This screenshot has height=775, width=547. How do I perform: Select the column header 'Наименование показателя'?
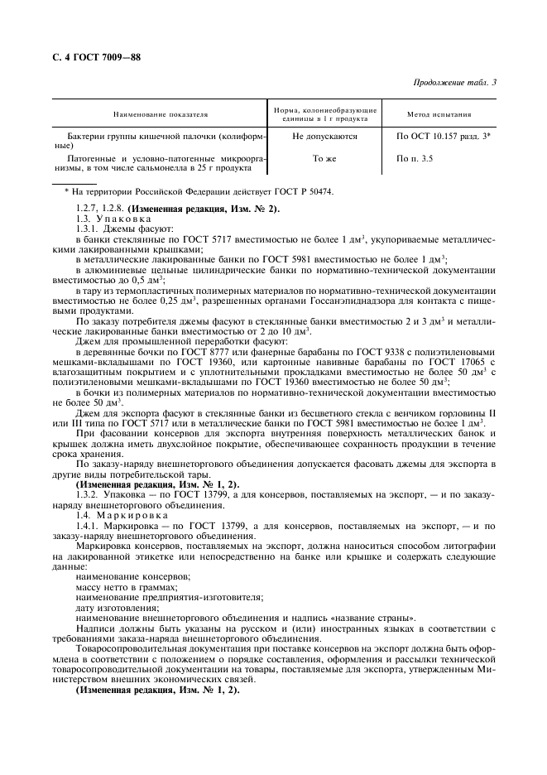[161, 115]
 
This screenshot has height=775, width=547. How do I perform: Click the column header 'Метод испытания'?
[439, 115]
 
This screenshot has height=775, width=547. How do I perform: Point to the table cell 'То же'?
[324, 157]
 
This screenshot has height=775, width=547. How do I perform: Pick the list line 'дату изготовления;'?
[109, 608]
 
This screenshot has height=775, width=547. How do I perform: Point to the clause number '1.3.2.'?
[89, 494]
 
